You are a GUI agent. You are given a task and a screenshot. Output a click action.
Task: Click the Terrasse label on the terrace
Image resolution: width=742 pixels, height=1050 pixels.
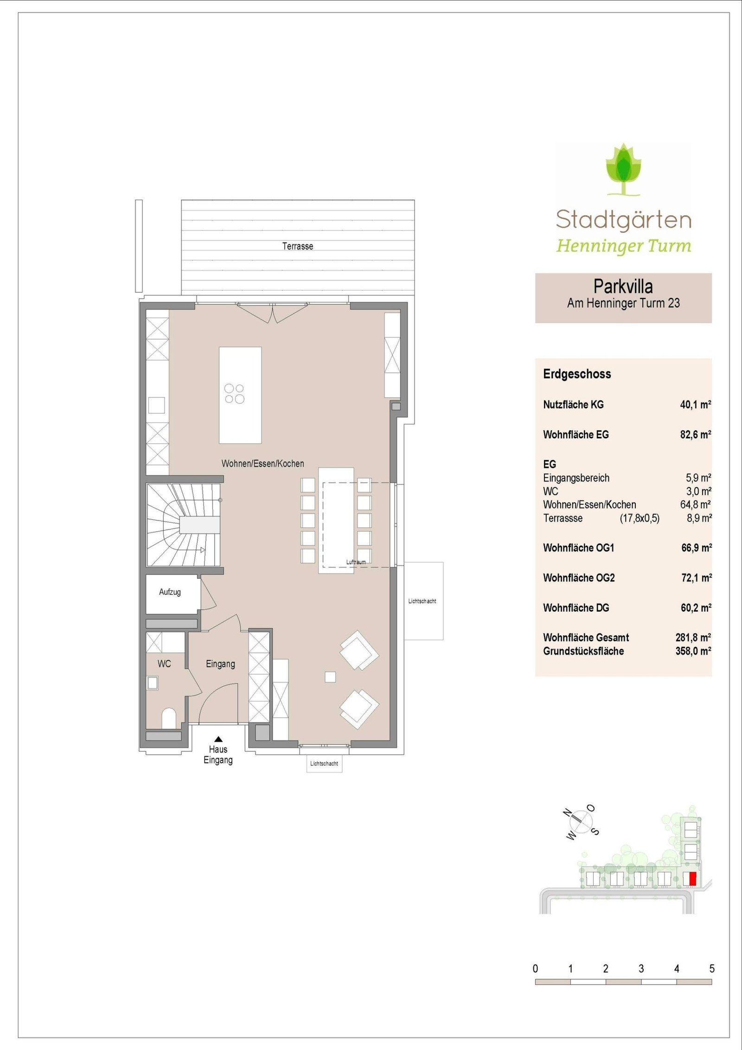click(x=297, y=246)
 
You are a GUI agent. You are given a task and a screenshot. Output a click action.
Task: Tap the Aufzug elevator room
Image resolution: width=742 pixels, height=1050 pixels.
click(x=170, y=592)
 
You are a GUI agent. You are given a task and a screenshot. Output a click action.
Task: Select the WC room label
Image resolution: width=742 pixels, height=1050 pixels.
click(x=164, y=664)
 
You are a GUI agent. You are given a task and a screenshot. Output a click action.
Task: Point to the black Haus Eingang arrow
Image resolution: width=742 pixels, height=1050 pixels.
click(x=218, y=740)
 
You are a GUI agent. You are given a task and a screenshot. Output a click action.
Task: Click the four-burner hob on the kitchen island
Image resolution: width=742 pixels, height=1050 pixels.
click(x=235, y=393)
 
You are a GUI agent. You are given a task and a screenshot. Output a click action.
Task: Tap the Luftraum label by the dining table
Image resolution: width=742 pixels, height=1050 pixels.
click(x=356, y=562)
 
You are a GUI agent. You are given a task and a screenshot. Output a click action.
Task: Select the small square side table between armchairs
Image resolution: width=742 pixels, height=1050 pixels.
click(x=330, y=677)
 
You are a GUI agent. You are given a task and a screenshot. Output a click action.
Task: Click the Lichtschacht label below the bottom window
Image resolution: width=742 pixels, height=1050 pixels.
click(x=324, y=763)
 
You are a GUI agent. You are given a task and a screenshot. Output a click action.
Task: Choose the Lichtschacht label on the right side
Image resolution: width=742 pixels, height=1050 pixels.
click(x=422, y=601)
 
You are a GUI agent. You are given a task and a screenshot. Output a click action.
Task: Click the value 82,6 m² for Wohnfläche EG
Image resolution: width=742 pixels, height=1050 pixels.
click(x=695, y=435)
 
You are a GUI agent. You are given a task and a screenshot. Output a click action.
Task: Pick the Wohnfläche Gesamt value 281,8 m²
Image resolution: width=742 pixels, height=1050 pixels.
click(x=693, y=638)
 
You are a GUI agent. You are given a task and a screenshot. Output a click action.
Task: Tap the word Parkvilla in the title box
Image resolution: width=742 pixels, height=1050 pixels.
click(x=623, y=286)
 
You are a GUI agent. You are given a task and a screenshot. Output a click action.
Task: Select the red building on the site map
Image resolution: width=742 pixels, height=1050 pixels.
click(x=692, y=879)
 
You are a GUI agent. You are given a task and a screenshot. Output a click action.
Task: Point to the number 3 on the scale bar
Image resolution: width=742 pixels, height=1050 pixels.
click(x=641, y=969)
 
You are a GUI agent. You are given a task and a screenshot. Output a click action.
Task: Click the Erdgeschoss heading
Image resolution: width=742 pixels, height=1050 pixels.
click(x=577, y=374)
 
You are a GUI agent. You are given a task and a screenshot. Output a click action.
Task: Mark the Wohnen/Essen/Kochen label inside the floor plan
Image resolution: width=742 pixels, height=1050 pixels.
click(x=262, y=464)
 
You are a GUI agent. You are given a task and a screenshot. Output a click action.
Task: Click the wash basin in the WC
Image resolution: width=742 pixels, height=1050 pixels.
click(x=152, y=683)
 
